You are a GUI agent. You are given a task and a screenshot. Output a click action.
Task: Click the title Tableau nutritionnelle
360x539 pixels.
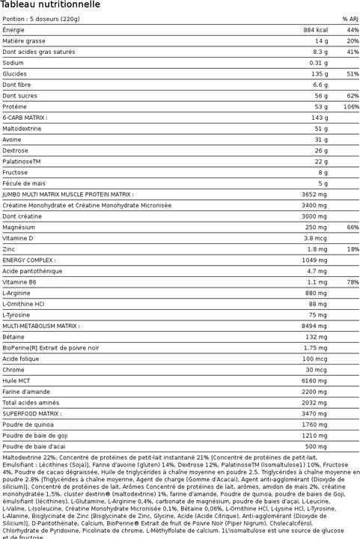[52, 5]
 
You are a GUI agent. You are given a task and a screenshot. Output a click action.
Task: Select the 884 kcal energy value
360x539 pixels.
[314, 29]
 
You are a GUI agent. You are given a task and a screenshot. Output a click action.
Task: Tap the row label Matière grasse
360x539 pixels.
[24, 40]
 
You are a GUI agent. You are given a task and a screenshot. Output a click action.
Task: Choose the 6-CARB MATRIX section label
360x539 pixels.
[25, 118]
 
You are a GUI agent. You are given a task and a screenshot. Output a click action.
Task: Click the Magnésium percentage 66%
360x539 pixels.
[353, 227]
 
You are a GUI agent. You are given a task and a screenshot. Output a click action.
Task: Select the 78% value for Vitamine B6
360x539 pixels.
[353, 281]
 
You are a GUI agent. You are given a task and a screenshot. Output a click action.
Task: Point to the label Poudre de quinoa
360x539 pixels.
[28, 424]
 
